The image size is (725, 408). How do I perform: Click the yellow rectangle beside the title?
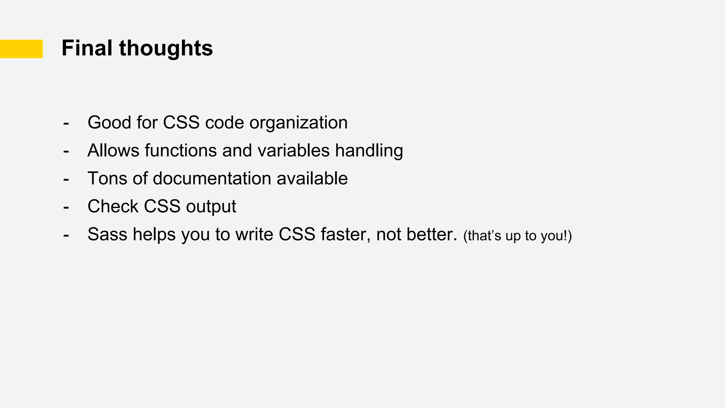coord(21,49)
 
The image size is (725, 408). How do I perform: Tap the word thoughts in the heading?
coord(166,48)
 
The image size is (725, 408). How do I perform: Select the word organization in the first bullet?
coord(298,123)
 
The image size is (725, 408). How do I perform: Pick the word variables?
coord(293,151)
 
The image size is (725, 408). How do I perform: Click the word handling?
coord(369,151)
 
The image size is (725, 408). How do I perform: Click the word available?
coord(312,178)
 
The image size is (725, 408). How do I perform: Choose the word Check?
coord(113,206)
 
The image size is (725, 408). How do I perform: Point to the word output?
coord(211,206)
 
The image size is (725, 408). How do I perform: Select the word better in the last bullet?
coord(432,234)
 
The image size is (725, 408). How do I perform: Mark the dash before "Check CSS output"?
coord(66,206)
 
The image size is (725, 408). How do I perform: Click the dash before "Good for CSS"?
coord(66,123)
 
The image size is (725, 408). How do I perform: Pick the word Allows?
coord(113,151)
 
